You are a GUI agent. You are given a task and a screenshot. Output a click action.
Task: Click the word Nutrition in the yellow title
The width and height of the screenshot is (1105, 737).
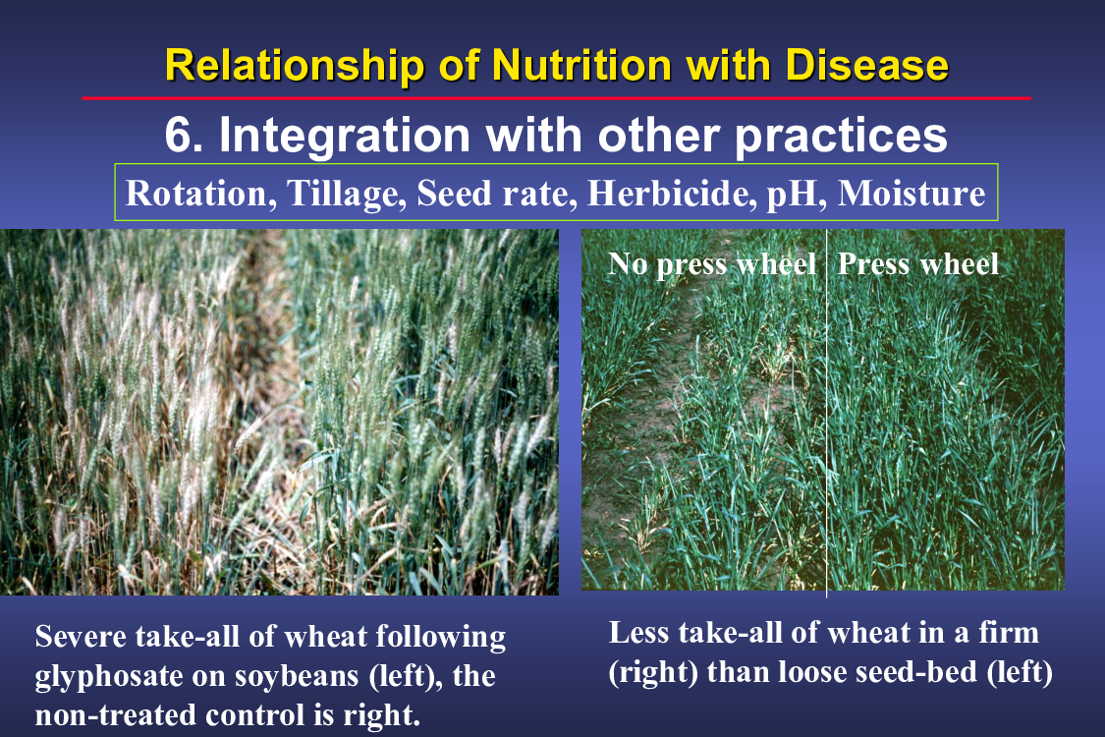pyautogui.click(x=582, y=66)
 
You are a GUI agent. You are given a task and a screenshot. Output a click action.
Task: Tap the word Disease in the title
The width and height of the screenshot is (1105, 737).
pyautogui.click(x=866, y=66)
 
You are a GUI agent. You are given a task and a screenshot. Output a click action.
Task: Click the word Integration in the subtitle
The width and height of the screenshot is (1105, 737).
pyautogui.click(x=345, y=136)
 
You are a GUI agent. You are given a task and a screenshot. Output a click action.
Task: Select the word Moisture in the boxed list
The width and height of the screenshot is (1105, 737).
pyautogui.click(x=912, y=194)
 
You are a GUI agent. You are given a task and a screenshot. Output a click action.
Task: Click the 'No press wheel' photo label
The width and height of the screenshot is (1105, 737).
pyautogui.click(x=712, y=264)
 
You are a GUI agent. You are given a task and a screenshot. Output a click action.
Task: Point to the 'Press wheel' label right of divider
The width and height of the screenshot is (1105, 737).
pyautogui.click(x=918, y=263)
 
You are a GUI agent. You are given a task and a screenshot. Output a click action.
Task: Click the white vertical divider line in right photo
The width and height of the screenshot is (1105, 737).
pyautogui.click(x=827, y=413)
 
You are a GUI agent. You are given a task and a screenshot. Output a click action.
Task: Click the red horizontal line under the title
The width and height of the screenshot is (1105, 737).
pyautogui.click(x=556, y=98)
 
